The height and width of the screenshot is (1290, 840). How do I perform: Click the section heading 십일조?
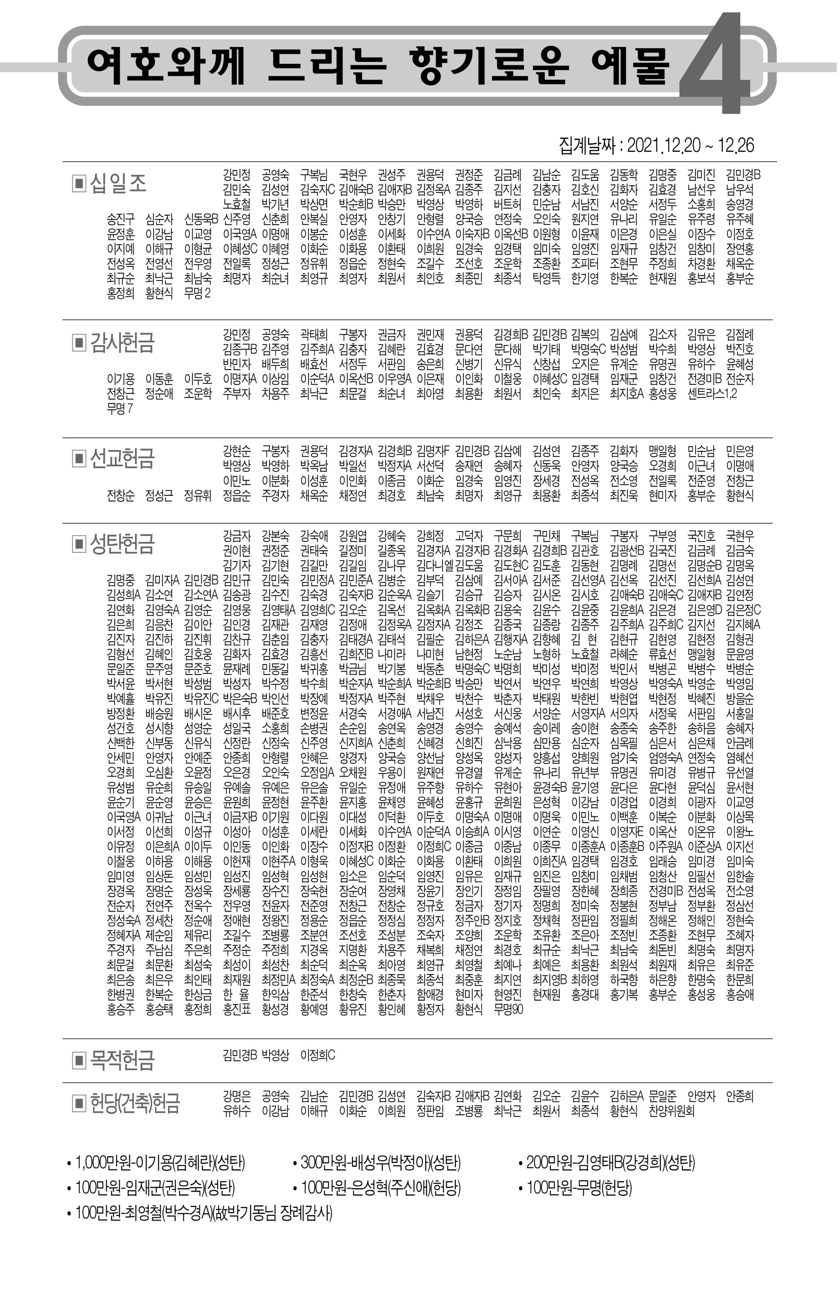pos(118,183)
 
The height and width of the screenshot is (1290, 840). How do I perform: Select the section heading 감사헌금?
pos(122,342)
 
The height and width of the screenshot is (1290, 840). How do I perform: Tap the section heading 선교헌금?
pos(122,458)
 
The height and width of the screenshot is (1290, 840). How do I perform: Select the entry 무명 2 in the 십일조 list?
pos(197,293)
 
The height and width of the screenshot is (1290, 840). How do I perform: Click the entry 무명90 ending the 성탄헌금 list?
pos(508,1009)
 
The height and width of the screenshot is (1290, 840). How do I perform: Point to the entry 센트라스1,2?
pos(712,394)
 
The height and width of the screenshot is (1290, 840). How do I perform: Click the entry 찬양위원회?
pos(671,1111)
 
